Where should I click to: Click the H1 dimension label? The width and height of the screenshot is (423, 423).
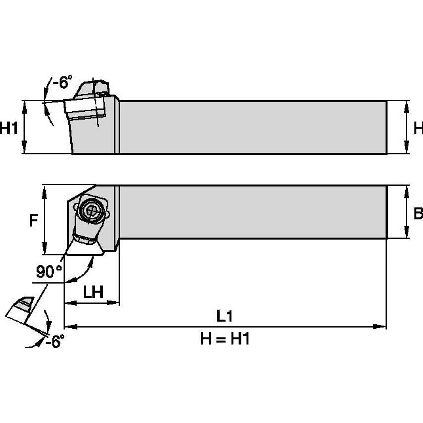click(9, 129)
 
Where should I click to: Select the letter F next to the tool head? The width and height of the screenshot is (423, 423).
click(33, 220)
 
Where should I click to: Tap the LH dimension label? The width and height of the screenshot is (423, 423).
click(93, 292)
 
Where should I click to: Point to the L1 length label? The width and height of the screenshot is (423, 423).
click(224, 315)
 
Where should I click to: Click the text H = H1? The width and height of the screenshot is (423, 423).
click(224, 339)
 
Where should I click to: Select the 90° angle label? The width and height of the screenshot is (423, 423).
click(50, 271)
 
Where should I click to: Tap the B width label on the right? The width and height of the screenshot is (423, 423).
click(418, 213)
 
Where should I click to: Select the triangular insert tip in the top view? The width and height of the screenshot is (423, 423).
click(84, 247)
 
